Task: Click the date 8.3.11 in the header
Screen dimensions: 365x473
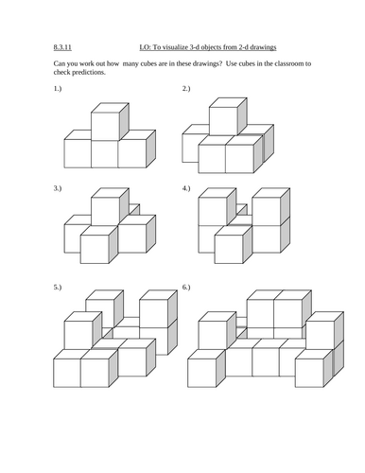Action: coord(62,47)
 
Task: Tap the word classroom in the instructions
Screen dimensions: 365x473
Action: coord(288,63)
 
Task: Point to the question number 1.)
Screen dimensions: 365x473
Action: coord(58,89)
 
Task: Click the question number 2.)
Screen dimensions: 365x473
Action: coord(186,89)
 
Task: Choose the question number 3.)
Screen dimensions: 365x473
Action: coord(58,188)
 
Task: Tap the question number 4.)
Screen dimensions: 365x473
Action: coord(186,188)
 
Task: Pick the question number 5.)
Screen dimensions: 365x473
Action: coord(58,288)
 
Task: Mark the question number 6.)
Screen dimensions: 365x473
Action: coord(186,288)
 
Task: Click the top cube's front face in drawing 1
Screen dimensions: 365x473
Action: coord(105,127)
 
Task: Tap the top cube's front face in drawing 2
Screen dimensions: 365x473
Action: coord(223,121)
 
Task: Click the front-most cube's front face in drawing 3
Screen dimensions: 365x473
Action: coord(95,250)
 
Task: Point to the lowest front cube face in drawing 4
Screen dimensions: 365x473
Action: coord(229,250)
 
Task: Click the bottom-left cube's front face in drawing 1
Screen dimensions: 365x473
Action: coord(78,153)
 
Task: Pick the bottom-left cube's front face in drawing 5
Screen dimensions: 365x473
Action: coord(67,373)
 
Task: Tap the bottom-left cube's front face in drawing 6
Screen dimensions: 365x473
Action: coord(202,373)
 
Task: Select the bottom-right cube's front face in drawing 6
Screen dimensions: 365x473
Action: coord(309,373)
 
